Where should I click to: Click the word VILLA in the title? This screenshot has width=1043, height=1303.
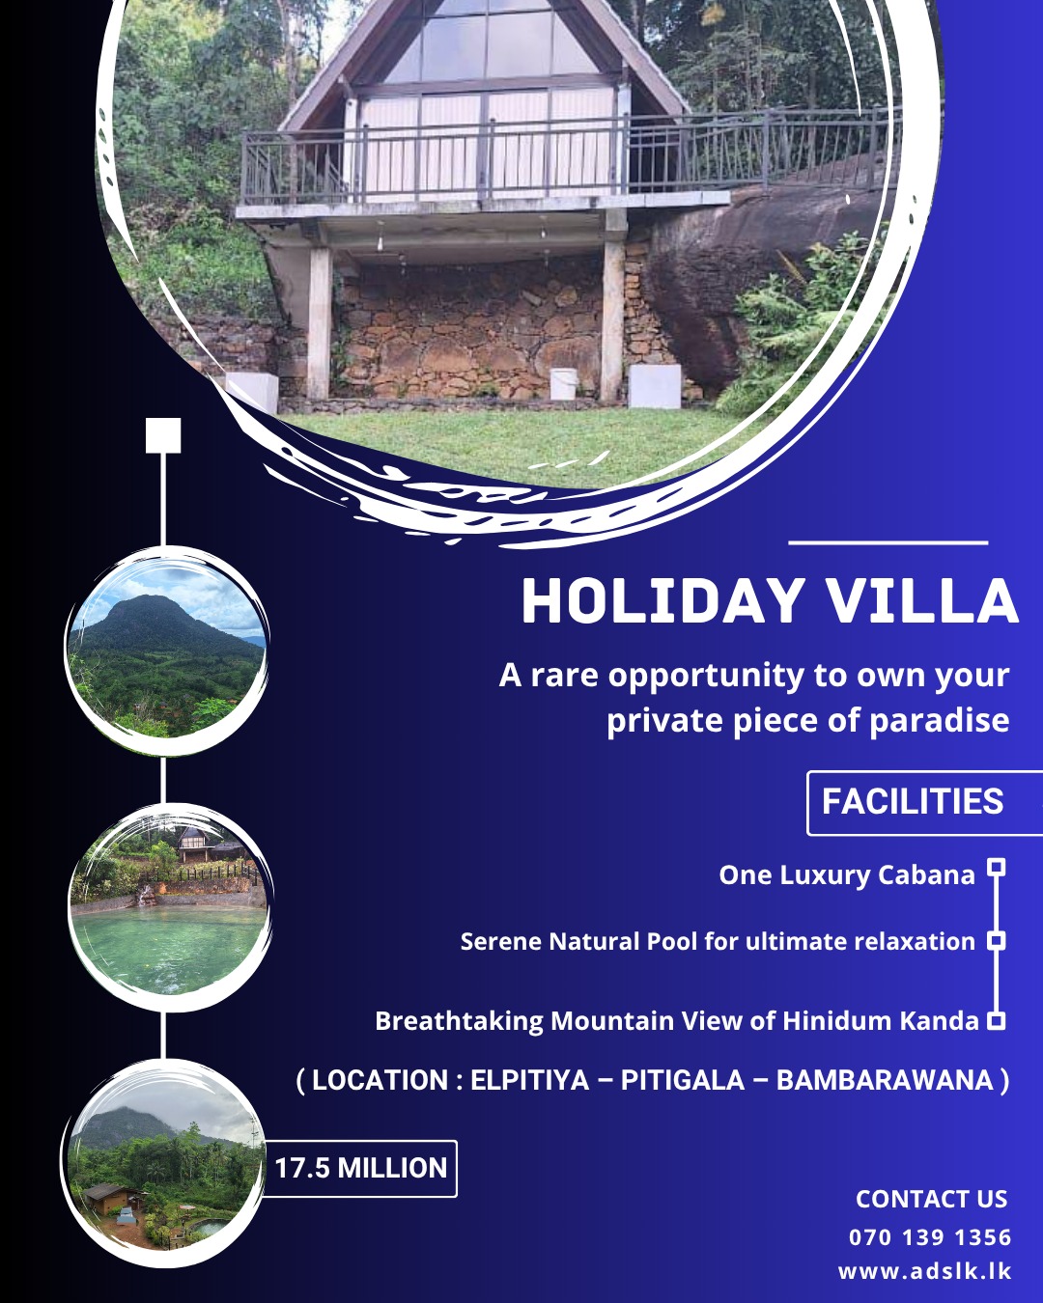[x=922, y=602]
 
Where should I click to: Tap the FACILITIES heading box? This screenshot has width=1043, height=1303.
[x=914, y=802]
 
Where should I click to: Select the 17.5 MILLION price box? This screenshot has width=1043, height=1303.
[x=360, y=1168]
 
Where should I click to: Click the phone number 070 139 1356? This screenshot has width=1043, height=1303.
[x=930, y=1237]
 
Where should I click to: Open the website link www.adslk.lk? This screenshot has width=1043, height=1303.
[x=924, y=1271]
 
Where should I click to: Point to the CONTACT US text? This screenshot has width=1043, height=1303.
[x=931, y=1199]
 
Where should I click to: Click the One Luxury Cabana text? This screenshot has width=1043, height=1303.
[x=846, y=874]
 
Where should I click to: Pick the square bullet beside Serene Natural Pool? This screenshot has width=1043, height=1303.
[x=997, y=940]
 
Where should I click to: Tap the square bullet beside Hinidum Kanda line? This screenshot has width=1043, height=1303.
[x=997, y=1020]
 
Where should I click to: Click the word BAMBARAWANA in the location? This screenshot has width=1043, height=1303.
[x=884, y=1080]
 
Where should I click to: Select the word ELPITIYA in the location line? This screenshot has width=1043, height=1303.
[x=529, y=1080]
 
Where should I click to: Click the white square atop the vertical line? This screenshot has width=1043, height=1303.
[x=163, y=435]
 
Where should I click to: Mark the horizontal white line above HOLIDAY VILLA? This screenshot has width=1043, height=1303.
[x=888, y=542]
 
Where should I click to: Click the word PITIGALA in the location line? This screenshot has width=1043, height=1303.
[x=682, y=1080]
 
